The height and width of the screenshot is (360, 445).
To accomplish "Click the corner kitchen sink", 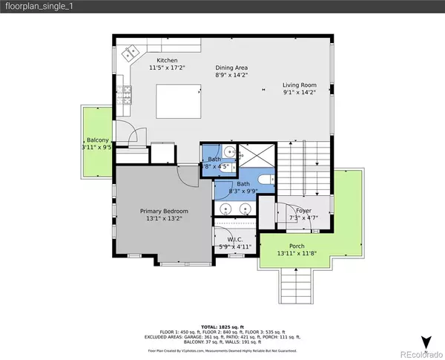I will click(x=133, y=53).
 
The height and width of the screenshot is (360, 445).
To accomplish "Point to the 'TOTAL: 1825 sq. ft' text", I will click(x=222, y=327).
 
